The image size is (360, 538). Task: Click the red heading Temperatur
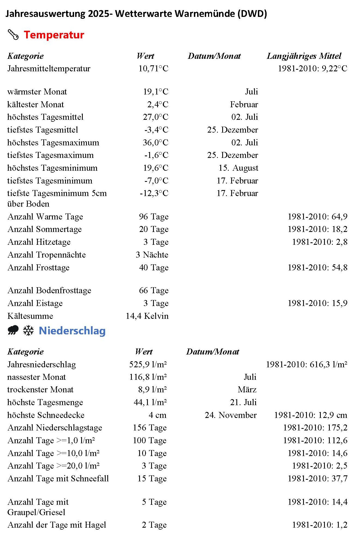pyautogui.click(x=54, y=35)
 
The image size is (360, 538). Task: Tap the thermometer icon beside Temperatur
pyautogui.click(x=13, y=35)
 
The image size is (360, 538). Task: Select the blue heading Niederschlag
pyautogui.click(x=72, y=331)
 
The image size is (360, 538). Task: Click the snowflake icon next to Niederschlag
pyautogui.click(x=28, y=330)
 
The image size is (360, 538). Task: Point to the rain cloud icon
pyautogui.click(x=13, y=330)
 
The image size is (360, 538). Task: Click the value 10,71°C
pyautogui.click(x=153, y=68)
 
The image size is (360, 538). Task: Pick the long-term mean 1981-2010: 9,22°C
pyautogui.click(x=312, y=68)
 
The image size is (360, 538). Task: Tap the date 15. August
pyautogui.click(x=238, y=168)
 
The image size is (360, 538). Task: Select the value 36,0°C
pyautogui.click(x=155, y=142)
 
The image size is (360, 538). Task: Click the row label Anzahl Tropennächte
pyautogui.click(x=47, y=255)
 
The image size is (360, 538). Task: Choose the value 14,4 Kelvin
pyautogui.click(x=147, y=316)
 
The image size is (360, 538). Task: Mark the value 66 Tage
pyautogui.click(x=154, y=291)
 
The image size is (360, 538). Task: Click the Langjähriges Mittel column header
pyautogui.click(x=304, y=56)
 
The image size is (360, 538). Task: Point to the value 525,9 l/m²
pyautogui.click(x=148, y=364)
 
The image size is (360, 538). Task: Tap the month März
pyautogui.click(x=247, y=390)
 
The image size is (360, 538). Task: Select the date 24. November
pyautogui.click(x=231, y=415)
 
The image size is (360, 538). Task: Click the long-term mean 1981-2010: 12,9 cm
pyautogui.click(x=310, y=415)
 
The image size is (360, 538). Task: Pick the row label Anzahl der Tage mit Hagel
pyautogui.click(x=57, y=525)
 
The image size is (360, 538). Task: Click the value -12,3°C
pyautogui.click(x=154, y=193)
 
